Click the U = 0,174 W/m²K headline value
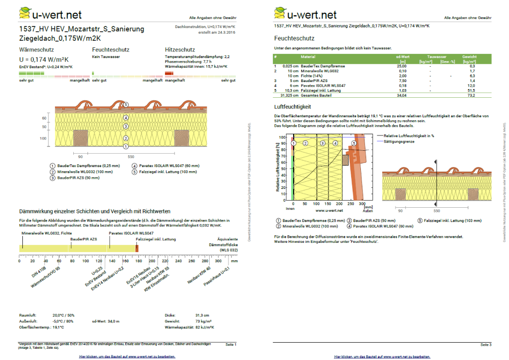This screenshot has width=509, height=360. [43, 59]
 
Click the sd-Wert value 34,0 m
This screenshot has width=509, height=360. [112, 321]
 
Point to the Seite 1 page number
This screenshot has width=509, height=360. [231, 345]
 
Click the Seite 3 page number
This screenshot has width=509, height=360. [486, 345]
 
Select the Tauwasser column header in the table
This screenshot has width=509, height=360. [437, 57]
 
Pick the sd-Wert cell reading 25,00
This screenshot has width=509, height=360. [402, 66]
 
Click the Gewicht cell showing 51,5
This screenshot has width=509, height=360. [471, 90]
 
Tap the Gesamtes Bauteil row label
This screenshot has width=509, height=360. [316, 95]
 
